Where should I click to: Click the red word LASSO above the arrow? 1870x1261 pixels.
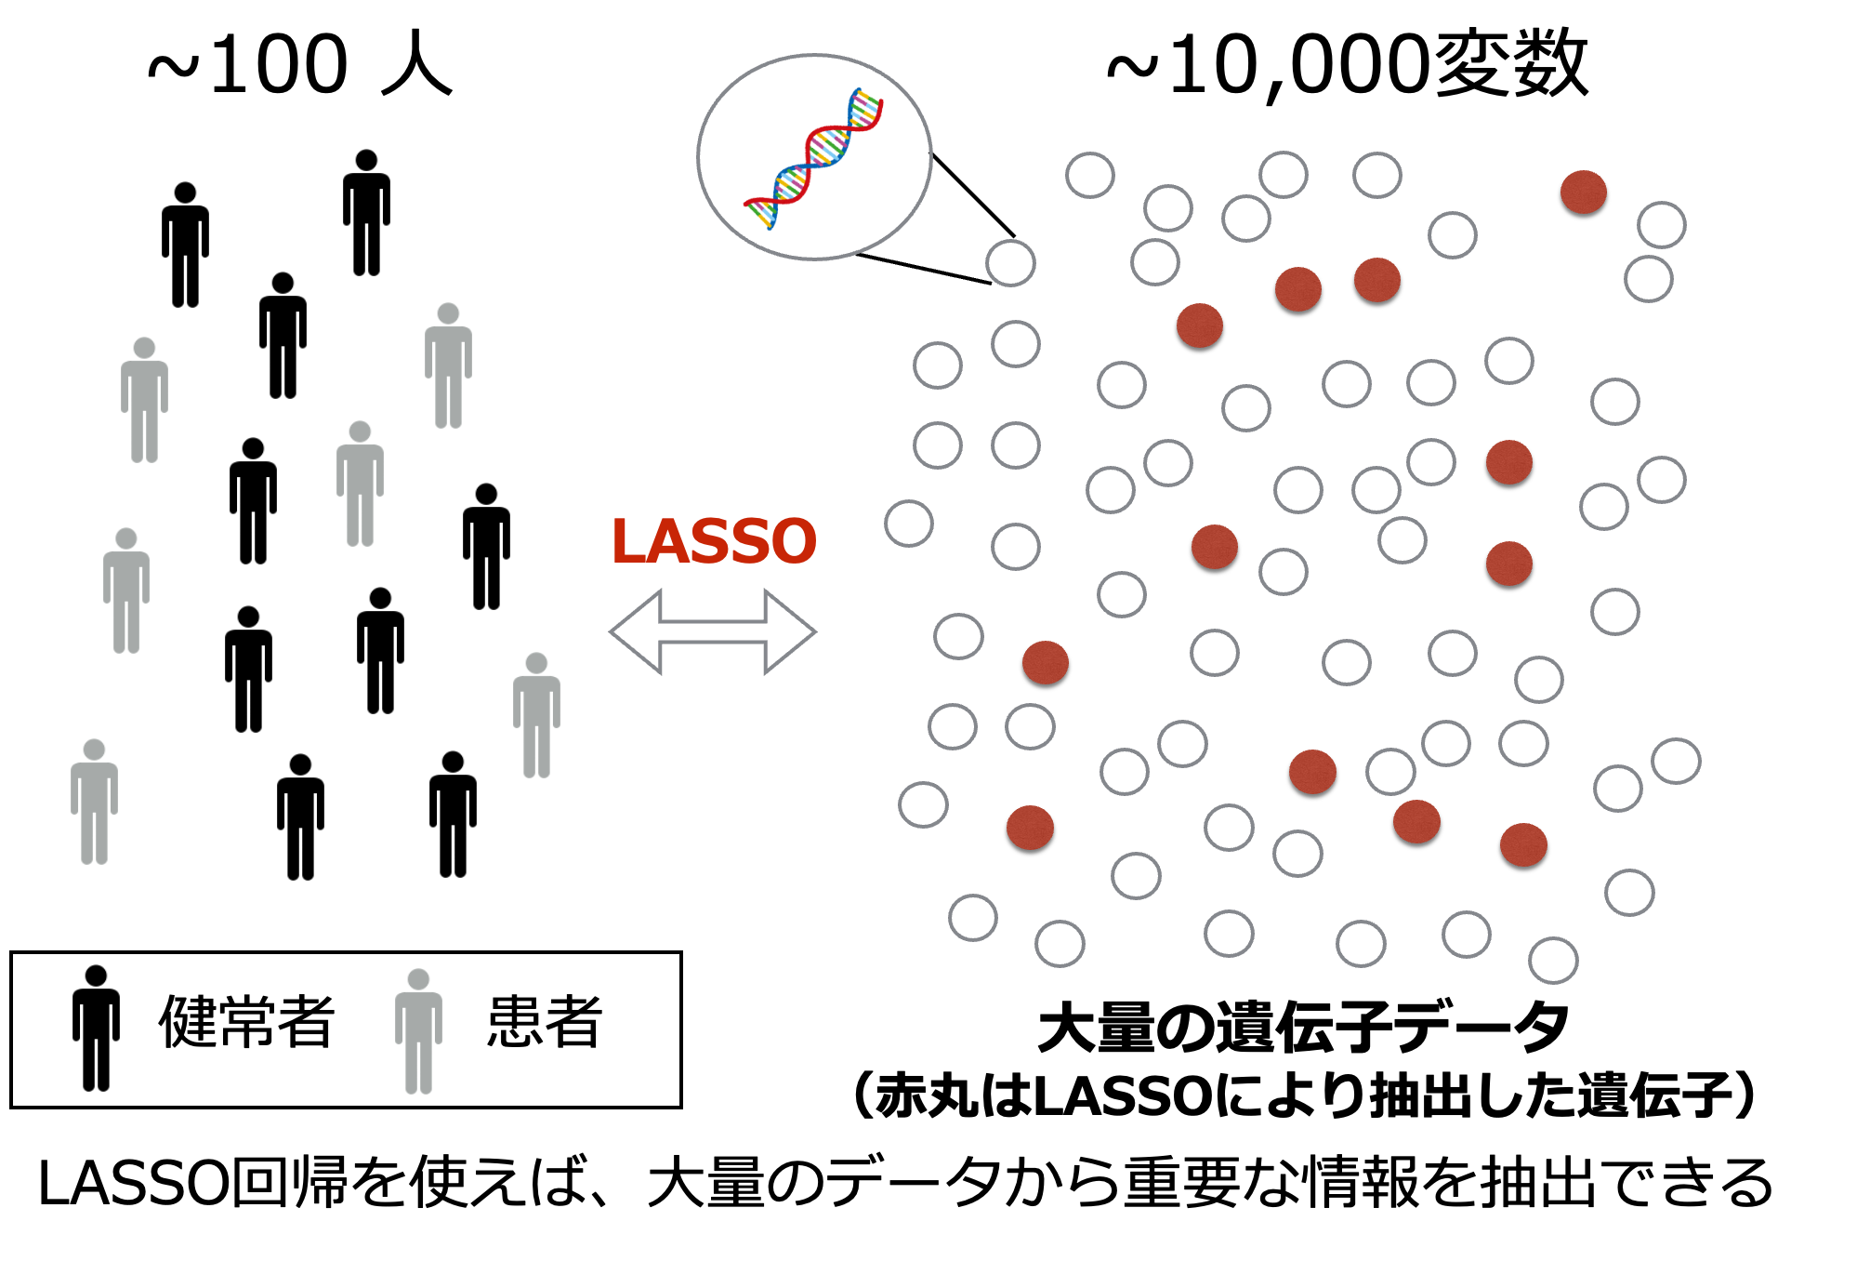714,541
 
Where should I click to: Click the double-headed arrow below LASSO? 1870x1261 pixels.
713,631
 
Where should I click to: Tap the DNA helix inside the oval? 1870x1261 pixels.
813,158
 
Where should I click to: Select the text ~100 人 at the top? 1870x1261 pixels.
300,64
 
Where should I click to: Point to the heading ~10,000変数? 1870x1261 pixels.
1348,63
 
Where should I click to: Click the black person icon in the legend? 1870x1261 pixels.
97,1028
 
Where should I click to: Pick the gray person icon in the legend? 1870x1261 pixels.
418,1030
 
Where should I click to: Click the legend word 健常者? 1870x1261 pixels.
246,1022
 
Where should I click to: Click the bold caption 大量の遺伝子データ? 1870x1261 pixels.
1303,1028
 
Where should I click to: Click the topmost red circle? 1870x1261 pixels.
1584,192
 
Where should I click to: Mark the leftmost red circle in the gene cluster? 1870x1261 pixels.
1031,828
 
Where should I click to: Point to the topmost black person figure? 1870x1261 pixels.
366,213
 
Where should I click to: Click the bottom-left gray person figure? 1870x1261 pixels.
94,803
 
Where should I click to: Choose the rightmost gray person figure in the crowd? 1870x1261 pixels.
536,715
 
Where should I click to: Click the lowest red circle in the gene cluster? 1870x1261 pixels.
1523,845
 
